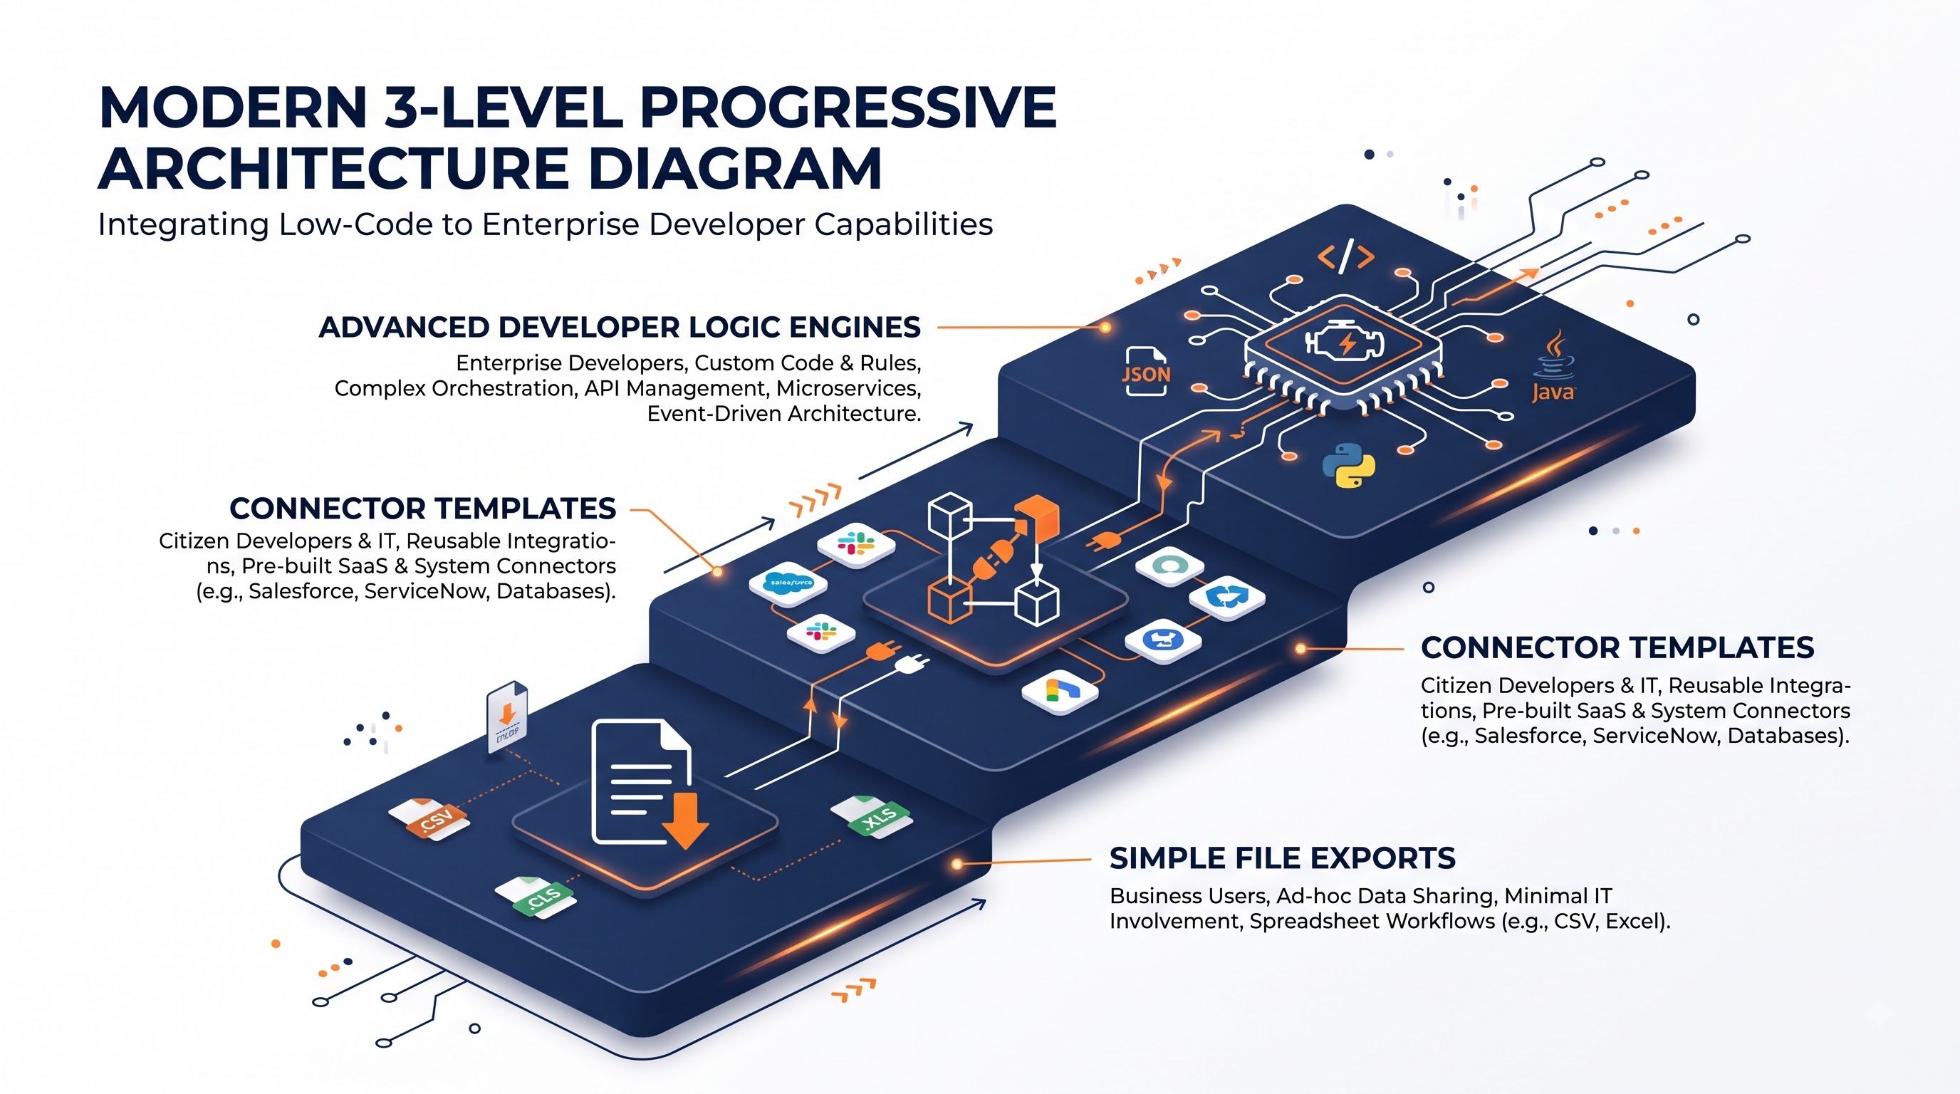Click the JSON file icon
click(1146, 371)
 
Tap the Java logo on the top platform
click(1553, 366)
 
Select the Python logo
click(1348, 465)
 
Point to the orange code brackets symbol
click(1346, 256)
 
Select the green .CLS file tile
click(536, 897)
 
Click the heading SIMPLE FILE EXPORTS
click(1282, 858)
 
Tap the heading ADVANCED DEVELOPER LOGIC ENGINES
click(620, 327)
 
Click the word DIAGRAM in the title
click(735, 168)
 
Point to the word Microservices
click(849, 388)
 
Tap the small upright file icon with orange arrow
click(507, 717)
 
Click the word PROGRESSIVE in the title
click(848, 108)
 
